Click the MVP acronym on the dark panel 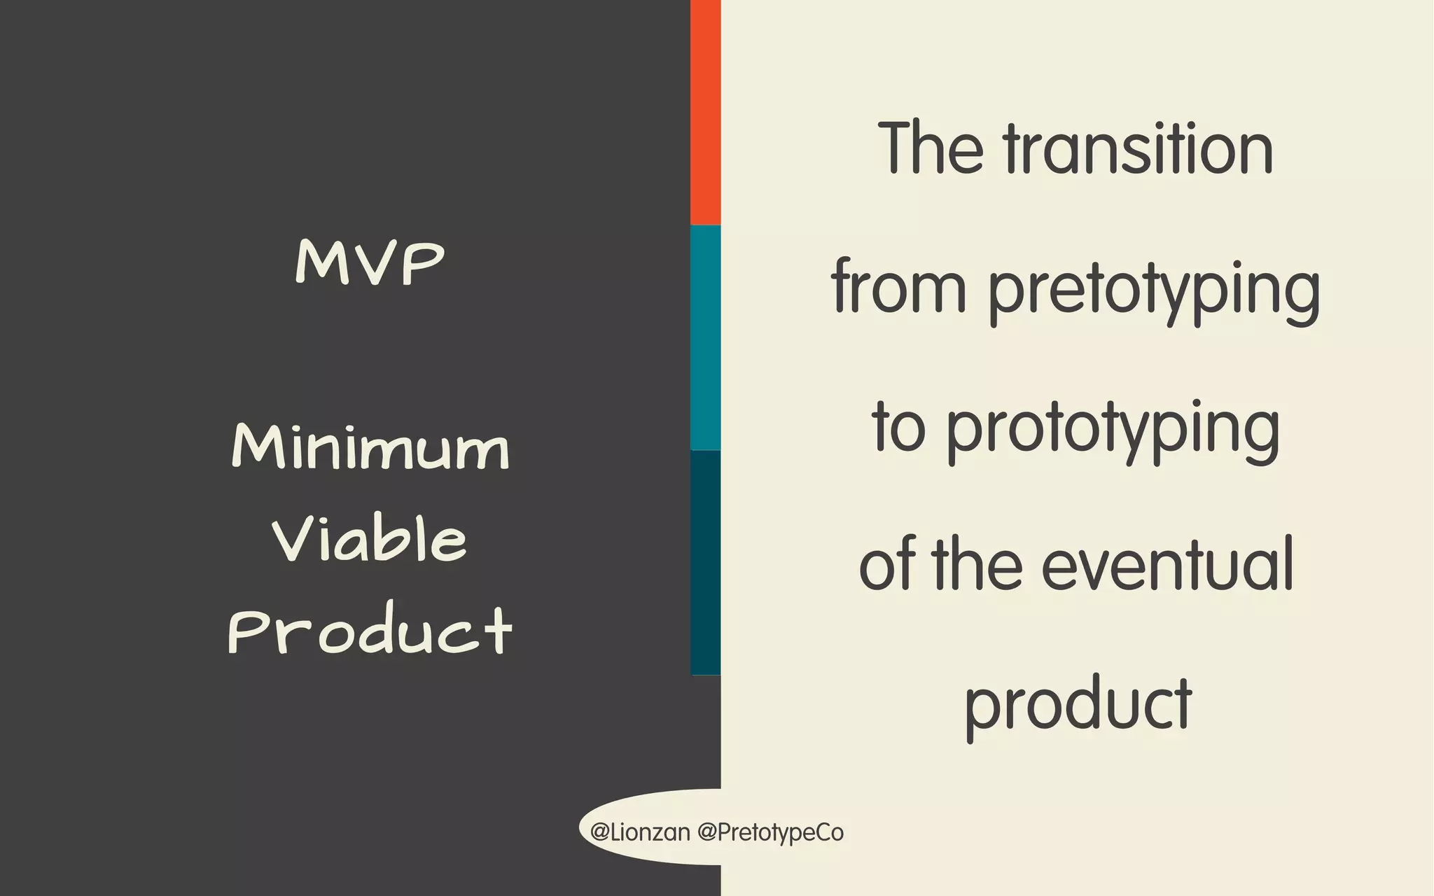point(370,262)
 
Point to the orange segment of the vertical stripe point(705,112)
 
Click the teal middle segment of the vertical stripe point(705,337)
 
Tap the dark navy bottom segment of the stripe point(705,562)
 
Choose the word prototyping point(1113,429)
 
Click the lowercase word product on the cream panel point(1078,706)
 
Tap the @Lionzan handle point(640,832)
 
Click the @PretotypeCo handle point(770,833)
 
